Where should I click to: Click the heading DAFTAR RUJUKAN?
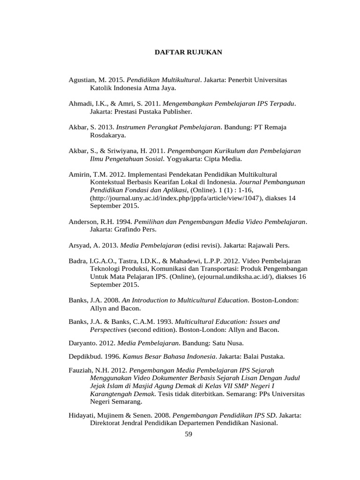pos(188,52)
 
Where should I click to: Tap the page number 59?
pos(188,434)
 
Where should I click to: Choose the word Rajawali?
pos(258,245)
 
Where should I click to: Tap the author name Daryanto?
pos(82,343)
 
